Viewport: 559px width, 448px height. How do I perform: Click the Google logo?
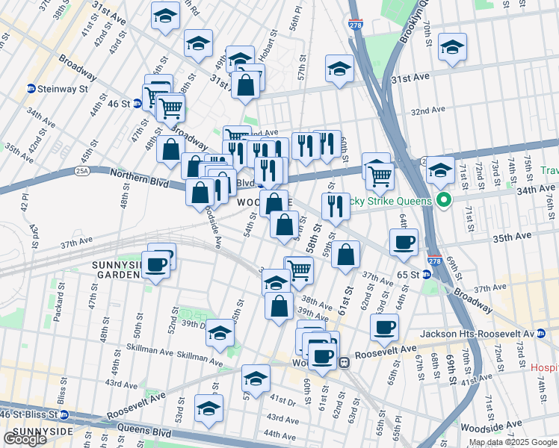tap(24, 439)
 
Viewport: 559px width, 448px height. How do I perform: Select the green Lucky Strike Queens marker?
tap(442, 201)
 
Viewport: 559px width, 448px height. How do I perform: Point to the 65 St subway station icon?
tap(427, 274)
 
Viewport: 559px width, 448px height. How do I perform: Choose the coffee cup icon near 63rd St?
tap(384, 327)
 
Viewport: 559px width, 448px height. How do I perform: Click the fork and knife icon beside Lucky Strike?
tap(336, 207)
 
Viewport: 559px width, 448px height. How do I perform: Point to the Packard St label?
tap(58, 305)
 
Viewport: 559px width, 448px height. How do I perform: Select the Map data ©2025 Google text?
tap(513, 441)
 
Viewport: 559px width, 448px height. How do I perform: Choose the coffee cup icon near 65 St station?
tap(404, 243)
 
